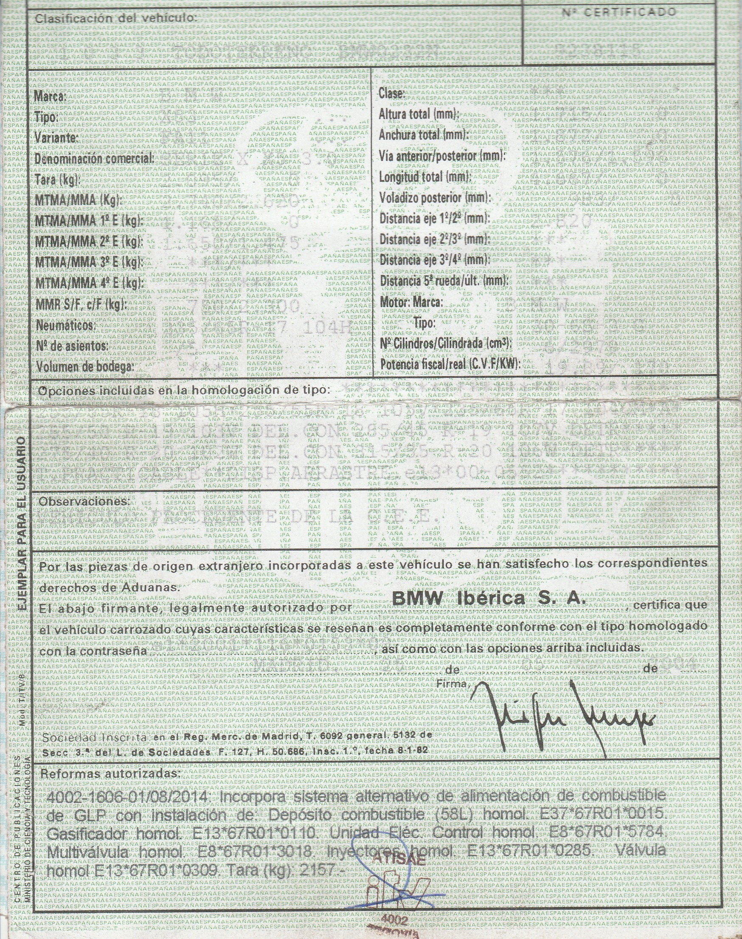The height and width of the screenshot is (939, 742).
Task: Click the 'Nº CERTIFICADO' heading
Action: coord(619,12)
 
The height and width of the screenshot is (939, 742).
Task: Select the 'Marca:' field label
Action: coord(50,97)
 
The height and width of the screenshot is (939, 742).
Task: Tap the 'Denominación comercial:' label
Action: coord(94,159)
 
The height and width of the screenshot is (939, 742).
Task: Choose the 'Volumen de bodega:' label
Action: coord(84,368)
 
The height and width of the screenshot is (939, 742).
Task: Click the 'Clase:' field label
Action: coord(392,94)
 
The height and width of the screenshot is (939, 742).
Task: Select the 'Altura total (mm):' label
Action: coord(419,115)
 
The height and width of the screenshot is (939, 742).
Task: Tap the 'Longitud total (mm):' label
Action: coord(425,177)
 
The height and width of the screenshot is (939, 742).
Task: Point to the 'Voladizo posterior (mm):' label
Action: coord(434,198)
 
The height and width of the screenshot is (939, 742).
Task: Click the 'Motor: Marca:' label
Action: coord(411,302)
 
